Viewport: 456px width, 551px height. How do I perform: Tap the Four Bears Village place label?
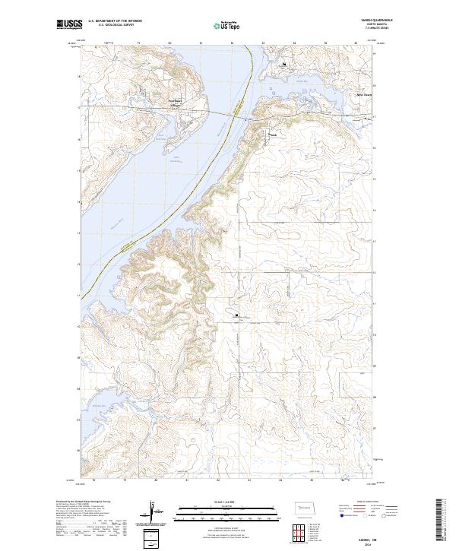tap(175, 101)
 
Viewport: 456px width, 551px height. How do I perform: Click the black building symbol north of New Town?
tap(283, 65)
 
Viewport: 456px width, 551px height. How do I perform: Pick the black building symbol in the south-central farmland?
tap(236, 315)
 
